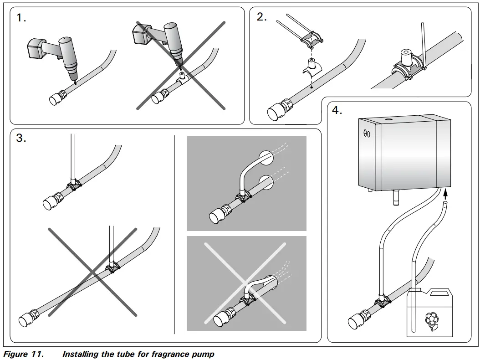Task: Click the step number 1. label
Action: (x=21, y=18)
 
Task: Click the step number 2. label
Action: (x=261, y=17)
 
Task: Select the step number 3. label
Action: (x=21, y=139)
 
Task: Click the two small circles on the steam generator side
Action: (x=367, y=134)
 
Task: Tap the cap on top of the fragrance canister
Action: (x=416, y=289)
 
